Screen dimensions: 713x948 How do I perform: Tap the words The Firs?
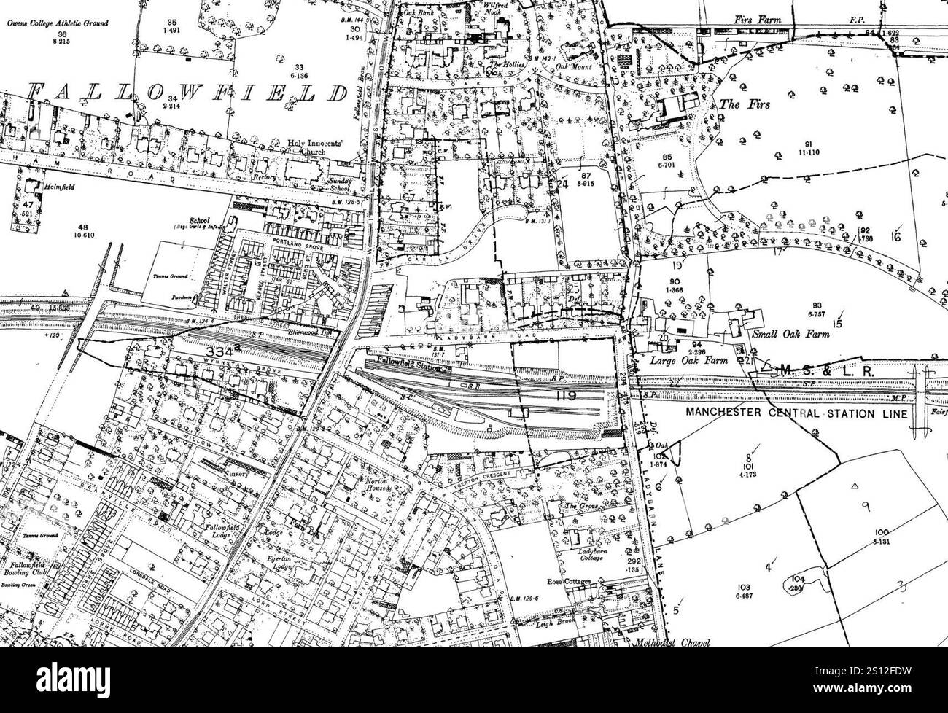click(x=739, y=104)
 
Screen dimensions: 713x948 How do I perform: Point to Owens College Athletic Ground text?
click(x=58, y=23)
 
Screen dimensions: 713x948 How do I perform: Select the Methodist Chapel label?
click(x=671, y=643)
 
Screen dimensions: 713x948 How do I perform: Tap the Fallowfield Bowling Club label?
click(x=24, y=569)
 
